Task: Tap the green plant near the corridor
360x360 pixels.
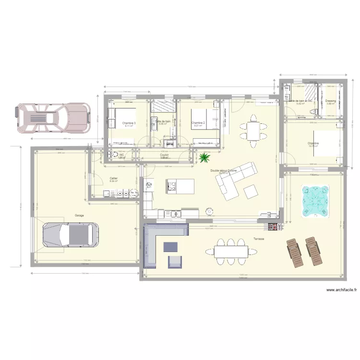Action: (x=205, y=157)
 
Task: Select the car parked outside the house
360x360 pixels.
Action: (x=53, y=118)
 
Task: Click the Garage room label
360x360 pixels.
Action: (x=79, y=216)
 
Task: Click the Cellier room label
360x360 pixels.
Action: (x=114, y=178)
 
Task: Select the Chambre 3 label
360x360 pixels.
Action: (x=129, y=123)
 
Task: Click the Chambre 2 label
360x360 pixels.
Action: (x=198, y=123)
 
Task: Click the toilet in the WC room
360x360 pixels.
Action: (x=113, y=155)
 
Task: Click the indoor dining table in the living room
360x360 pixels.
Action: (x=253, y=129)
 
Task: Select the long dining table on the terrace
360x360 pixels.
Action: (x=231, y=251)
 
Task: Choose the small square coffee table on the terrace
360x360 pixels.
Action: (x=171, y=247)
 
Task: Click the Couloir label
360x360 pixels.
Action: (x=164, y=155)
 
